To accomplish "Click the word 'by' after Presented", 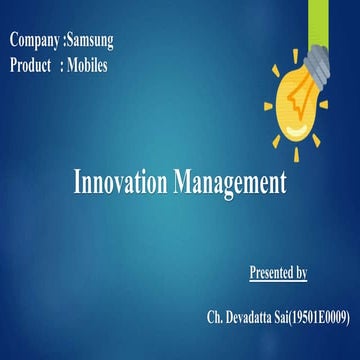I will [x=301, y=271].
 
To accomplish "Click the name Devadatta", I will [x=250, y=318].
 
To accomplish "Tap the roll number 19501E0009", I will [x=315, y=318].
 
